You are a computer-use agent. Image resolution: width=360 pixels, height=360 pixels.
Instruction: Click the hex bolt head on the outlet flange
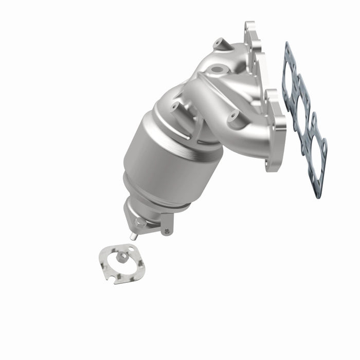click(x=139, y=223)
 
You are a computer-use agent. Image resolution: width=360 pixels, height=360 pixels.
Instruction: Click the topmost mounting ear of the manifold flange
click(x=250, y=31)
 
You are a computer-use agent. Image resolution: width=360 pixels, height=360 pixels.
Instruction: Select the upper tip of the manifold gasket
click(x=286, y=46)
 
